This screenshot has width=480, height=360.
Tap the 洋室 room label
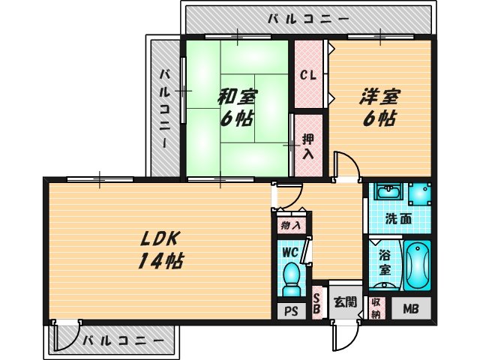coord(381,97)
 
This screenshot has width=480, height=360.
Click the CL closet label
coord(307,75)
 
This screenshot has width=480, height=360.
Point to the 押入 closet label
coord(308,146)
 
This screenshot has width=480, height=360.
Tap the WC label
coord(290,251)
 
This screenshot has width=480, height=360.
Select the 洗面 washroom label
coord(398,219)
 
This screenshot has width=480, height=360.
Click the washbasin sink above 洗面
coord(388,194)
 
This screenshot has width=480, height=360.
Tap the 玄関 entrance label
coord(345,302)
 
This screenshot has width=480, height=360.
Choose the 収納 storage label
coord(376,308)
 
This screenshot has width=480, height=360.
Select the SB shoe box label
coord(316,303)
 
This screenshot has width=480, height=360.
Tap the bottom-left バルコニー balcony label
coord(123,340)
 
